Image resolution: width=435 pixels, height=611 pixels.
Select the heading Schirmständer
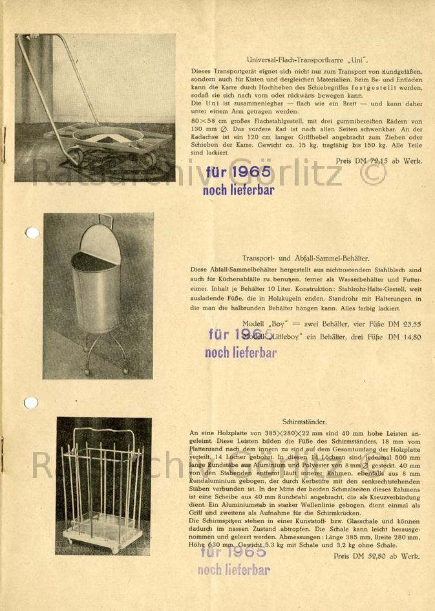[x=304, y=421]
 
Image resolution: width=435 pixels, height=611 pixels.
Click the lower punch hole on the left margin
[x=30, y=403]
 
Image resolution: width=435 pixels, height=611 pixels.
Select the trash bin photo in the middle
[x=98, y=295]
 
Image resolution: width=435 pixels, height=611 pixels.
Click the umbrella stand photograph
[x=103, y=486]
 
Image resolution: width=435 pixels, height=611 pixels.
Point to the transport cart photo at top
[x=95, y=107]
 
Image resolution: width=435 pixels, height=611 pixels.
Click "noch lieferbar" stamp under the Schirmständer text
[x=233, y=570]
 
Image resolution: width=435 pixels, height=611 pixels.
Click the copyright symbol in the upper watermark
[x=373, y=174]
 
